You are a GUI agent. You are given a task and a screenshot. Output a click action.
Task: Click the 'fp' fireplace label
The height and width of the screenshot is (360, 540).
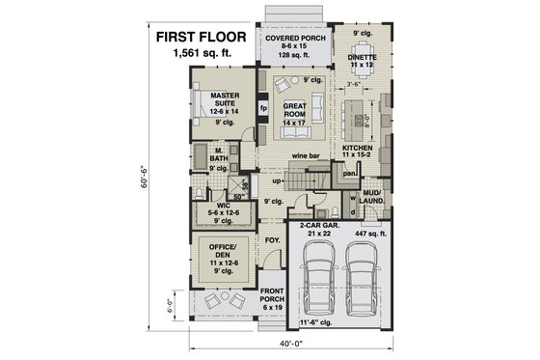tap(262, 108)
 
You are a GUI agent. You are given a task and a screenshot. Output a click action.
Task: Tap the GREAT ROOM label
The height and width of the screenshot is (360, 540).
tap(295, 111)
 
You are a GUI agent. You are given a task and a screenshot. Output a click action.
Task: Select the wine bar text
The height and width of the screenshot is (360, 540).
tap(306, 154)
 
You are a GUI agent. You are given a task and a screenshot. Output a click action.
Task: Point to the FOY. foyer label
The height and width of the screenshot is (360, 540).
tap(272, 239)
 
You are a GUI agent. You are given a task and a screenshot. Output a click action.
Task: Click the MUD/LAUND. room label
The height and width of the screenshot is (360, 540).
tap(371, 197)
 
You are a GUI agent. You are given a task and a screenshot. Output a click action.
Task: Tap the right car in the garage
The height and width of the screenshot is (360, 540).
tap(362, 281)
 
